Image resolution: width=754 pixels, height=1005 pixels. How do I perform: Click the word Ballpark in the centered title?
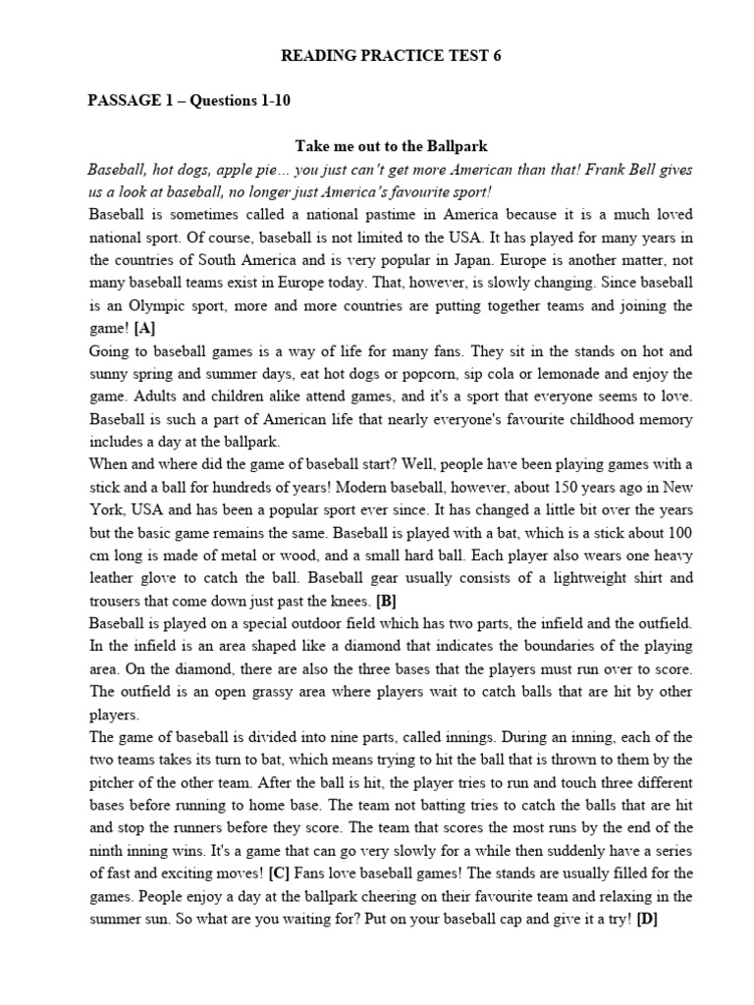click(440, 146)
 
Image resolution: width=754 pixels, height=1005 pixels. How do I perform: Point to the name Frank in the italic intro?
click(528, 169)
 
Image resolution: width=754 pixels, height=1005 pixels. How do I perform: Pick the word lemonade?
click(566, 373)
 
